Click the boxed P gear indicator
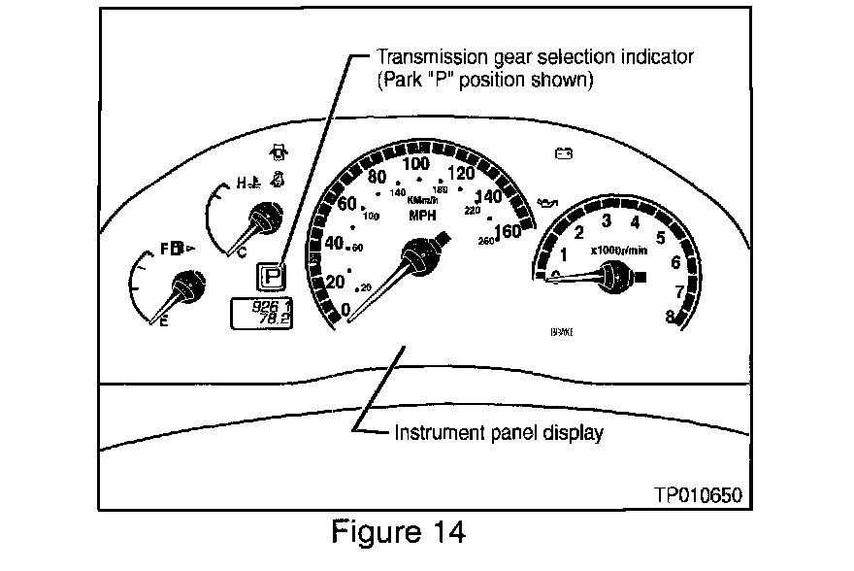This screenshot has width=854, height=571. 273,275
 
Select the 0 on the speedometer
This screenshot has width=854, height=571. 346,310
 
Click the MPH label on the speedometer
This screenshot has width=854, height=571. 422,215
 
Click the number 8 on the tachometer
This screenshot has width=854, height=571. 671,314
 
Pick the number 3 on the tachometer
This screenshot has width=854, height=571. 607,219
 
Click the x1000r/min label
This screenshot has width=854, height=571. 618,250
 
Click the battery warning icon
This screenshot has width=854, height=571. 562,152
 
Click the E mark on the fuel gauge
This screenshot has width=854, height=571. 163,323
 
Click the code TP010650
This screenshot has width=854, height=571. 698,493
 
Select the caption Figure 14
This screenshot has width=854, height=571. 398,532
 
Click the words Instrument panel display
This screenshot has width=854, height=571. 498,433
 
